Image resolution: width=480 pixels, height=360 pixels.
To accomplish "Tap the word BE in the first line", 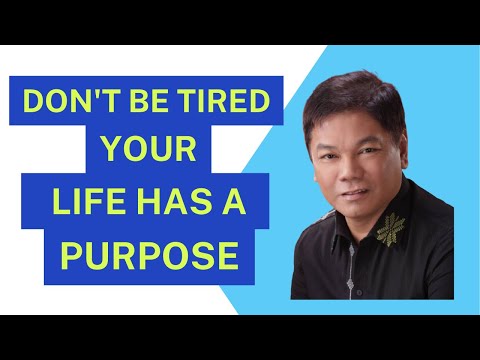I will [x=141, y=104].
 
